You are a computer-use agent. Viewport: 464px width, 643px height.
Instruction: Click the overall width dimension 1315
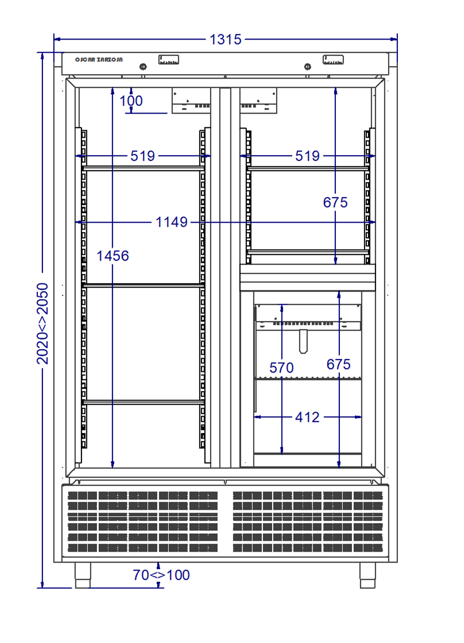[225, 40]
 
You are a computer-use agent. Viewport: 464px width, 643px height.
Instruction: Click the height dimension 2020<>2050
[42, 324]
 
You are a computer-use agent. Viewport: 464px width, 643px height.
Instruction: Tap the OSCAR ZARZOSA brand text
[99, 60]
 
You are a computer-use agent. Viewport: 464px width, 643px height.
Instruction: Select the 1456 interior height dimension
[113, 255]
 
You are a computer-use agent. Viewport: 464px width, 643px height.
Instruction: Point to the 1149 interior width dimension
[172, 222]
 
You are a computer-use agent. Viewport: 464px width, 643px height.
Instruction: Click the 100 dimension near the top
[131, 100]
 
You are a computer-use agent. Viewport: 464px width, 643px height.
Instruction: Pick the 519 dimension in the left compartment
[143, 156]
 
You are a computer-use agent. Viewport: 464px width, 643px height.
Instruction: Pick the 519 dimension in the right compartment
[307, 156]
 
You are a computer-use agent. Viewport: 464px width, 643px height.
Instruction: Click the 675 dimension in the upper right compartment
[335, 202]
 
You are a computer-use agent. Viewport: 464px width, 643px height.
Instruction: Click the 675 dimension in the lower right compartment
[338, 364]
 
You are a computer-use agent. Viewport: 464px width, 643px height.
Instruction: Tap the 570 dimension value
[281, 367]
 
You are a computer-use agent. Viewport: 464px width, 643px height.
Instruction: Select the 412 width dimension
[307, 417]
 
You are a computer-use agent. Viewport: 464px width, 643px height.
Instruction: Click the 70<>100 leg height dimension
[161, 575]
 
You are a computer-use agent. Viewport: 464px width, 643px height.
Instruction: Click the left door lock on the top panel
[143, 67]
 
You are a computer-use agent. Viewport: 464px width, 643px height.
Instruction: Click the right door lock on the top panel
[308, 67]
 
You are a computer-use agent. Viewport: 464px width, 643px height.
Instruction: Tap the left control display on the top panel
[169, 60]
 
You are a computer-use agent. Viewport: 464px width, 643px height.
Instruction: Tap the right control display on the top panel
[333, 60]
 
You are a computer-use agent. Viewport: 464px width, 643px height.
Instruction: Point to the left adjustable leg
[83, 575]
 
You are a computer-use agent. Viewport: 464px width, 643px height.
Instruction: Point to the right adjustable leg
[368, 575]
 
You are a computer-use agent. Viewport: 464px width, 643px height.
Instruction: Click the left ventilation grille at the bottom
[143, 521]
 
